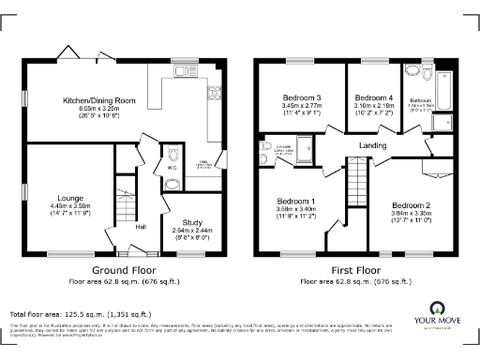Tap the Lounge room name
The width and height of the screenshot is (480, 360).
click(x=70, y=199)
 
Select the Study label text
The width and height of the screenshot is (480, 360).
click(x=191, y=220)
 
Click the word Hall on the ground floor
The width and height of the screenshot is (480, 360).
click(x=141, y=226)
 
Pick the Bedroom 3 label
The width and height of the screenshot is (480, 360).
click(x=302, y=98)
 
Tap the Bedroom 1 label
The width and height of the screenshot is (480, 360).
click(x=295, y=202)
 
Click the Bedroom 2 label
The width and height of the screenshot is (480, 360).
click(x=411, y=205)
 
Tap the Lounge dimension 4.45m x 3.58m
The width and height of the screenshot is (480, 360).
click(x=70, y=206)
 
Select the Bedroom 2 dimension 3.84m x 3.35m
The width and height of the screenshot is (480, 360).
click(x=411, y=213)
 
